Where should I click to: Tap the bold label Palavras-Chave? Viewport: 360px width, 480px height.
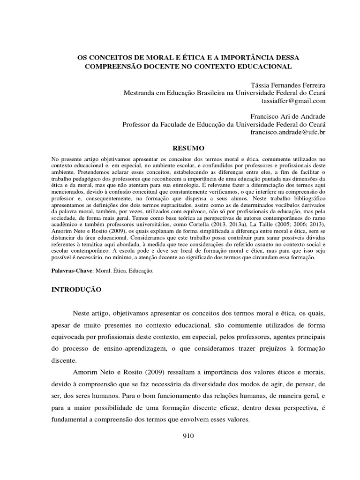click(71, 271)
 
